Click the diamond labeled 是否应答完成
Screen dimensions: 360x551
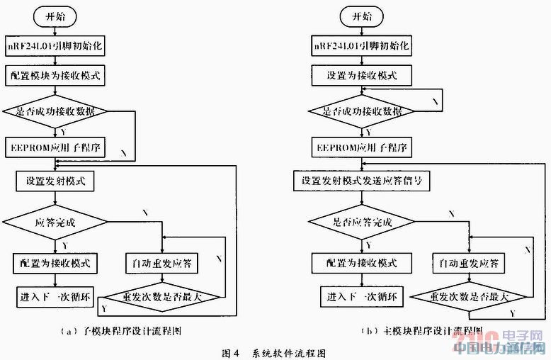coord(363,222)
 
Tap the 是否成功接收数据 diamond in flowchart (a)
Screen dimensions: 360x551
coord(54,111)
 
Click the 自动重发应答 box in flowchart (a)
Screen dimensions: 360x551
coord(162,263)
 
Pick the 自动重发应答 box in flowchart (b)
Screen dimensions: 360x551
coord(468,263)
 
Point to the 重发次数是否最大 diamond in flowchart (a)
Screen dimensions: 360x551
coord(162,296)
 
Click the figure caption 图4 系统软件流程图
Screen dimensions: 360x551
coord(273,351)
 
